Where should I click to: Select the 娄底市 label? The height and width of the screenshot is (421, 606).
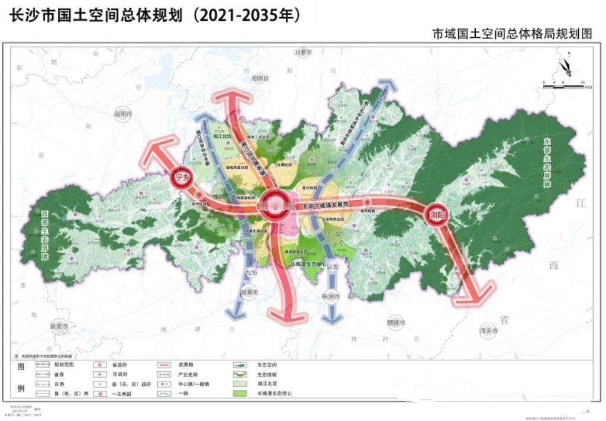(60, 326)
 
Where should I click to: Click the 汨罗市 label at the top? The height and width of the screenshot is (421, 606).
(302, 53)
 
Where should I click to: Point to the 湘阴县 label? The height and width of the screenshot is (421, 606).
(260, 78)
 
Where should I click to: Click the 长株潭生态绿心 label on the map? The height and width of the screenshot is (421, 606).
(309, 264)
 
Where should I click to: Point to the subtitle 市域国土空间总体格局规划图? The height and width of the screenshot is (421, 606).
(511, 34)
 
